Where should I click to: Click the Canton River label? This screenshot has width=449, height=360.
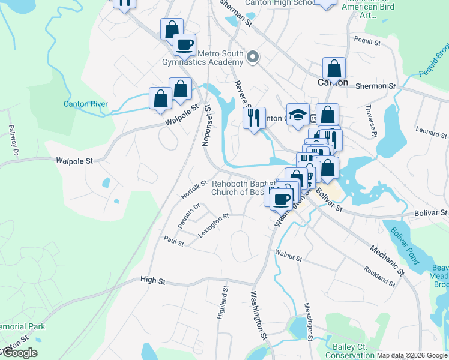click(86, 104)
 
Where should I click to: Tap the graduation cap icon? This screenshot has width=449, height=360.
click(298, 115)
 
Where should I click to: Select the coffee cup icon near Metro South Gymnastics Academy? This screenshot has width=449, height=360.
click(184, 44)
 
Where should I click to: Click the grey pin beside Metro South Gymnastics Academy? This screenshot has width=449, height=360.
click(253, 57)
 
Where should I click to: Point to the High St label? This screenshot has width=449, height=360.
click(152, 280)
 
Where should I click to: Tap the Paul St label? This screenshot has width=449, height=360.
click(173, 240)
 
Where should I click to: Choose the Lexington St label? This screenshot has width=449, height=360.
click(214, 225)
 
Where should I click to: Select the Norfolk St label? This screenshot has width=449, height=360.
click(193, 188)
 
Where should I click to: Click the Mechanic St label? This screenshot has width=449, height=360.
click(387, 258)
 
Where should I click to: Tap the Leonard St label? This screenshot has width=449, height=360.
click(432, 131)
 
